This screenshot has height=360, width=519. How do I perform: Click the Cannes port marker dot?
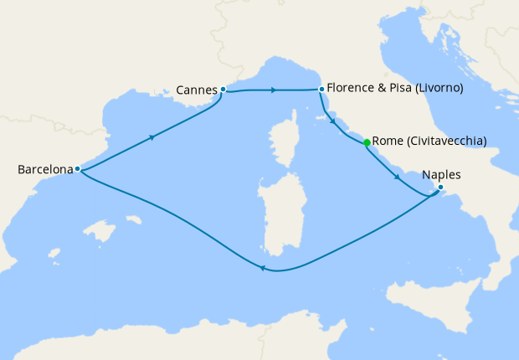pos(223,89)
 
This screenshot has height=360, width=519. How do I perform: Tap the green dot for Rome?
pos(367,141)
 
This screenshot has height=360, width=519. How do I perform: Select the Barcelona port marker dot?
pos(77,169)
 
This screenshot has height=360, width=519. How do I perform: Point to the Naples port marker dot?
pos(440,188)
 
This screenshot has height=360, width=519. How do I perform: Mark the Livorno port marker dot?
pos(321,89)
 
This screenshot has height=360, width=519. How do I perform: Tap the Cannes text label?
pos(197,88)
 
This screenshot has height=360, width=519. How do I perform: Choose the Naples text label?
pos(442,175)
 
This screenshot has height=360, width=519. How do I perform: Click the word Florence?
pos(353,88)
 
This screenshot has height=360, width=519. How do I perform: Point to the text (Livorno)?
pos(440,88)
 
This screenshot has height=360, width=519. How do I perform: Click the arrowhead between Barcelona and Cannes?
pos(152,137)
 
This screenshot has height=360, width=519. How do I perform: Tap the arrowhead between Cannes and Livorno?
pos(275,90)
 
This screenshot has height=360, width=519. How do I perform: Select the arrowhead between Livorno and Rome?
pos(335,122)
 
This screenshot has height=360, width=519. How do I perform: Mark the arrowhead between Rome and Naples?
pos(397,177)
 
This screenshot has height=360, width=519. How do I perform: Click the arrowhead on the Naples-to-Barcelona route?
pos(262,269)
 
